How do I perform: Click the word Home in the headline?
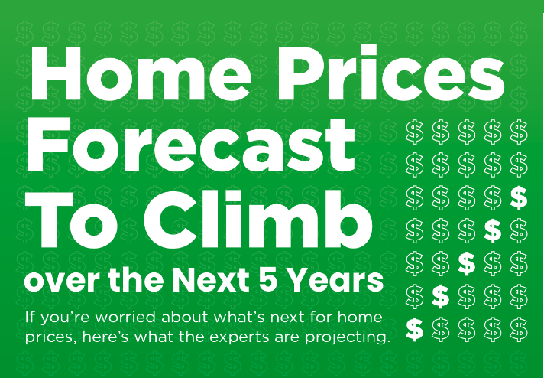pyautogui.click(x=141, y=73)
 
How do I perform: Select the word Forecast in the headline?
pyautogui.click(x=191, y=145)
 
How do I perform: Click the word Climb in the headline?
pyautogui.click(x=258, y=218)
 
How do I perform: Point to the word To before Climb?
pyautogui.click(x=71, y=219)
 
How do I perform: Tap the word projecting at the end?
pyautogui.click(x=348, y=337)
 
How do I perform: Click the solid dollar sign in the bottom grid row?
pyautogui.click(x=414, y=329)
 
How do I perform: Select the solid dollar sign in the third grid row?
pyautogui.click(x=519, y=197)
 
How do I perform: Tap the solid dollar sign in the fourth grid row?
pyautogui.click(x=493, y=230)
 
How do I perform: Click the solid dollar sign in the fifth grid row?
pyautogui.click(x=467, y=263)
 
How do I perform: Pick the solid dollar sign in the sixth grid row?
pyautogui.click(x=441, y=296)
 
